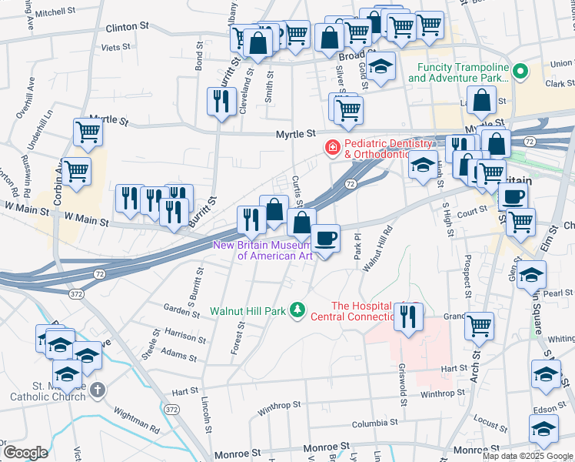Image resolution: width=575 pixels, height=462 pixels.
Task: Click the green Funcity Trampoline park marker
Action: [x=521, y=72]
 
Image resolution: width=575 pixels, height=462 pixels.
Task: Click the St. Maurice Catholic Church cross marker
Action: [x=96, y=390]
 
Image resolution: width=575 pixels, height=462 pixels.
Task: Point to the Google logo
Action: [x=25, y=452]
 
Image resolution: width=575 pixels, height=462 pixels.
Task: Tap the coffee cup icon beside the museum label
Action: [x=326, y=239]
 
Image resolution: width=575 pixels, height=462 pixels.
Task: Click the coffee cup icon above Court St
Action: [x=513, y=196]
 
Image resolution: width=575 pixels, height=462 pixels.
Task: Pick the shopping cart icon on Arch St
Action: [x=479, y=326]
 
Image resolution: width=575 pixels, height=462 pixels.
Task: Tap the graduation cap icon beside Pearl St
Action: [x=531, y=276]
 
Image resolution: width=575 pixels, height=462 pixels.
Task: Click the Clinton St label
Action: [x=127, y=26]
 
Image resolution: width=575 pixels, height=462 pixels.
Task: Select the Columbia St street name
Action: [x=374, y=423]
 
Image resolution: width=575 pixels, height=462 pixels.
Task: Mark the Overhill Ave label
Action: [x=23, y=98]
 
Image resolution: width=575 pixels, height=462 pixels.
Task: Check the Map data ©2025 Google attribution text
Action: [x=527, y=455]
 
